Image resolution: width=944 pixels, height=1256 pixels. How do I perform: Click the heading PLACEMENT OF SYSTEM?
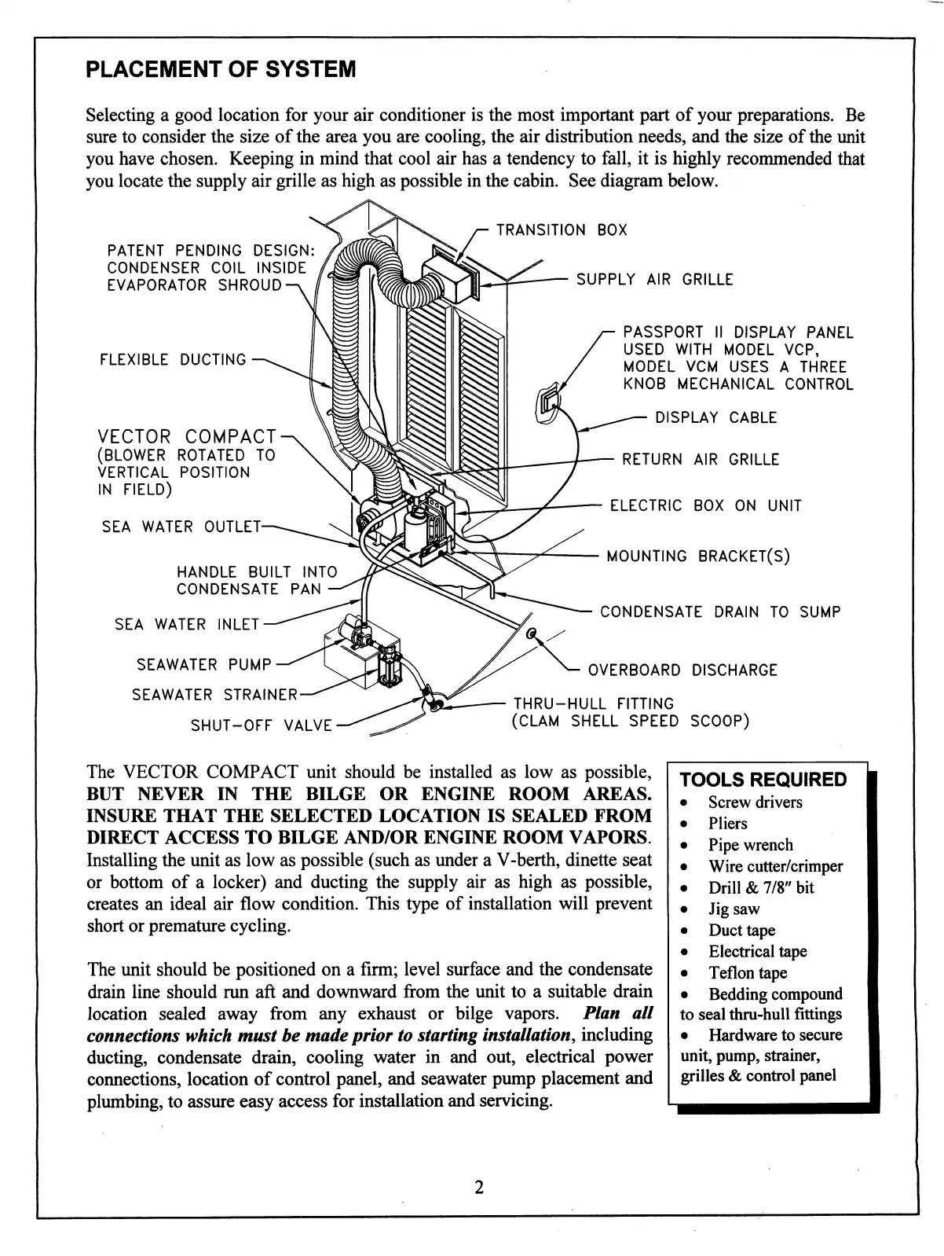point(221,69)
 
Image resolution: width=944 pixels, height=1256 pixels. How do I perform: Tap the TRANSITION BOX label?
point(562,230)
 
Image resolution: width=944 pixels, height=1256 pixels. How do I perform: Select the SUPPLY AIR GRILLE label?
point(654,280)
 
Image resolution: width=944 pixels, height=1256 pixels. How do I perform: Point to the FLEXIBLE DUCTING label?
point(173,360)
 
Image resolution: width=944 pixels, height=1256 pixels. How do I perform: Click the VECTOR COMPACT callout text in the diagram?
point(187,437)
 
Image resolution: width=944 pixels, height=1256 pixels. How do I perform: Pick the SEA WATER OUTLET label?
point(181,527)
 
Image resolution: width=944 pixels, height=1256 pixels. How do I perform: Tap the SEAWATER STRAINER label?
point(215,695)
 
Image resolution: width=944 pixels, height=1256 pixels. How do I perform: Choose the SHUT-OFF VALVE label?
point(262,725)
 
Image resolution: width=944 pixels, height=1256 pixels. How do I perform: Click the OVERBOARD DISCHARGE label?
point(682,670)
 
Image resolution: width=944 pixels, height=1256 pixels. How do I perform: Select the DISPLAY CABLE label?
point(715,418)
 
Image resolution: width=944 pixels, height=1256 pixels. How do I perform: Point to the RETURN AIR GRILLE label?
point(701,460)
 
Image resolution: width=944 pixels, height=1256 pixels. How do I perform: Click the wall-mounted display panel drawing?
point(547,403)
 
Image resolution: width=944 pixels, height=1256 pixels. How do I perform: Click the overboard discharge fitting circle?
point(531,634)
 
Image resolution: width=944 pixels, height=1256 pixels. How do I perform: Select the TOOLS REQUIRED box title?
point(763,780)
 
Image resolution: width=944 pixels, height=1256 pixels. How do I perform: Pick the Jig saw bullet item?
point(734,909)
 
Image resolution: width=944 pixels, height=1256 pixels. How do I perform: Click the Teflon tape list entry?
point(747,973)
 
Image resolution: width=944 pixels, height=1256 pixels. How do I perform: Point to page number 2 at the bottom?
point(478,1187)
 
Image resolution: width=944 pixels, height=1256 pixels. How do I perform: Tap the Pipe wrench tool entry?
point(750,845)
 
